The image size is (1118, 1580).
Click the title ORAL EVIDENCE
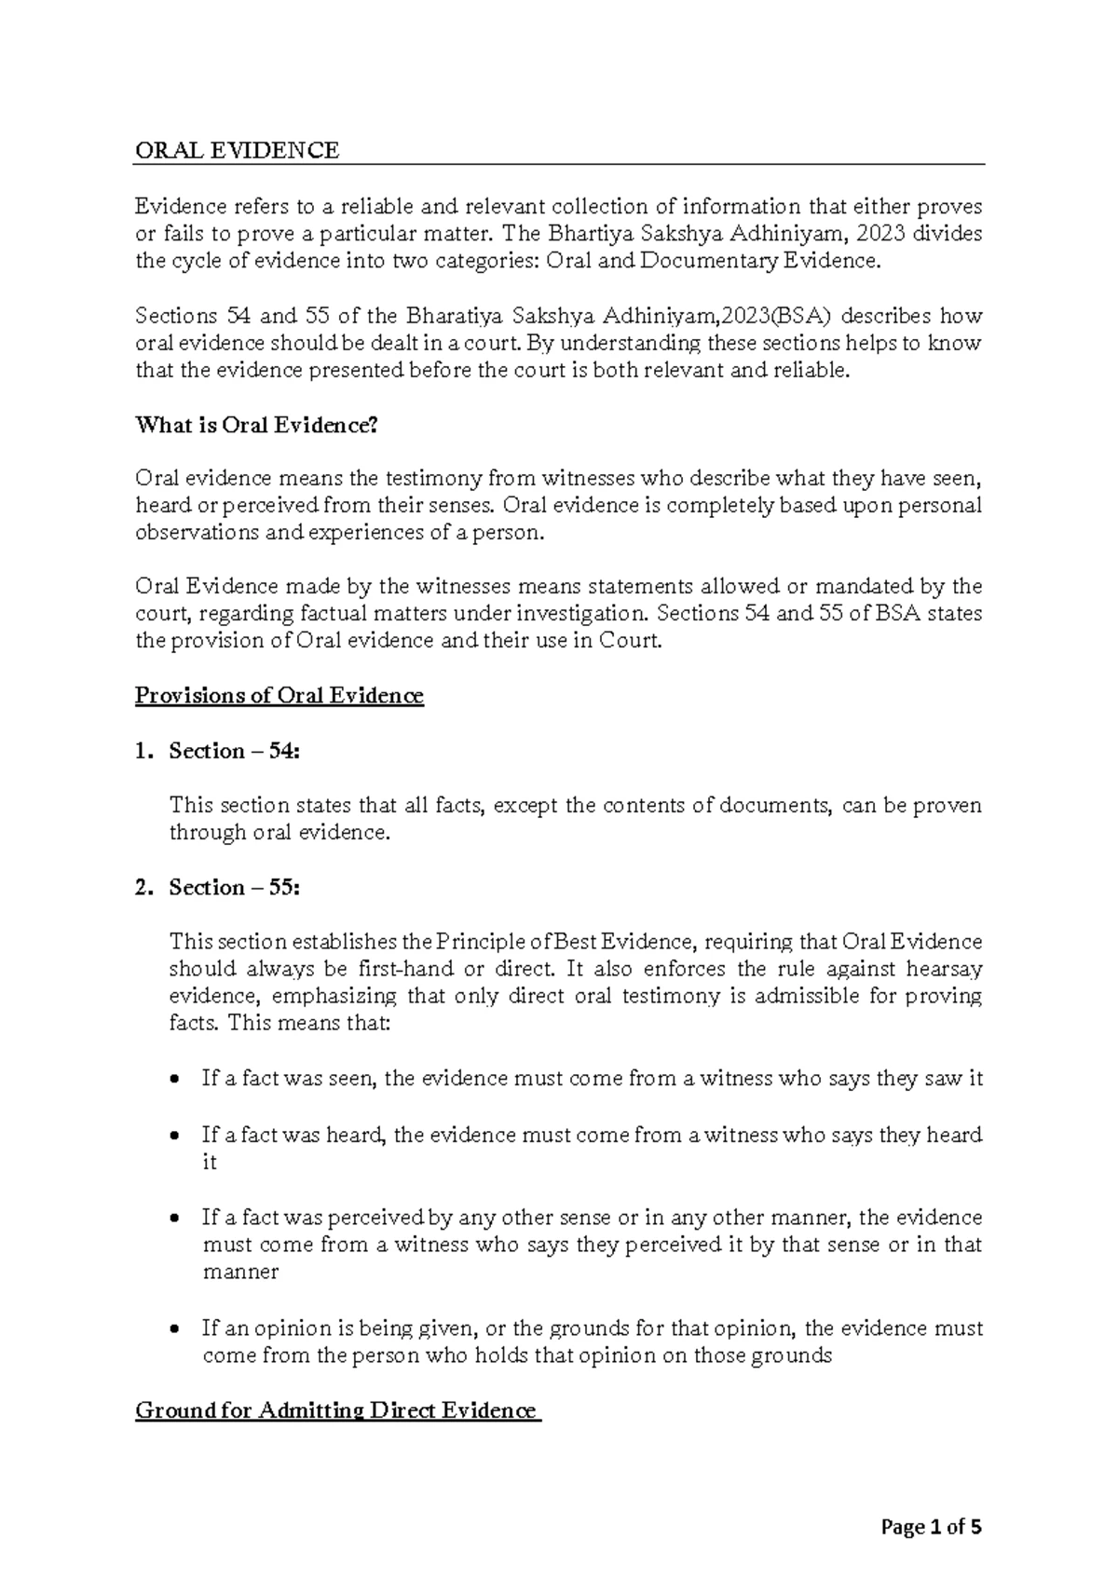[238, 150]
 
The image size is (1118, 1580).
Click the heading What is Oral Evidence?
[257, 426]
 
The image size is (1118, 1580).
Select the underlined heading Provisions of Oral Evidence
[279, 696]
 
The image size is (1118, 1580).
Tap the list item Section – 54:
[235, 751]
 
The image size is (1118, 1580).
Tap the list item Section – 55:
[235, 887]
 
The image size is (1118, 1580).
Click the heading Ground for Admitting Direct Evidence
[336, 1410]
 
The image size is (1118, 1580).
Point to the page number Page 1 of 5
[931, 1528]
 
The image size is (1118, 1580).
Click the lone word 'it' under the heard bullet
[210, 1163]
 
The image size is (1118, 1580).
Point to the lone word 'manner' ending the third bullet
[240, 1272]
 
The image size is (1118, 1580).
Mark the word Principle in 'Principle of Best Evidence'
[474, 942]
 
